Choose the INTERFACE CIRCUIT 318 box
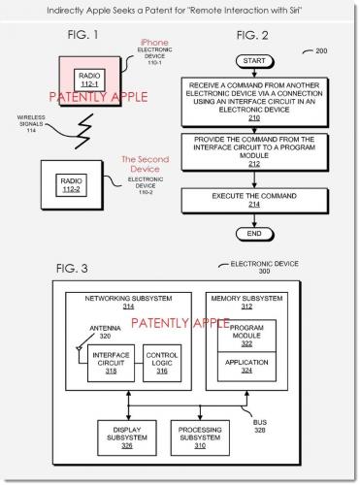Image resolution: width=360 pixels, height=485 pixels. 110,361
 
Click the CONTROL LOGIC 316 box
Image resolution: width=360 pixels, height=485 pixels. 162,361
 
